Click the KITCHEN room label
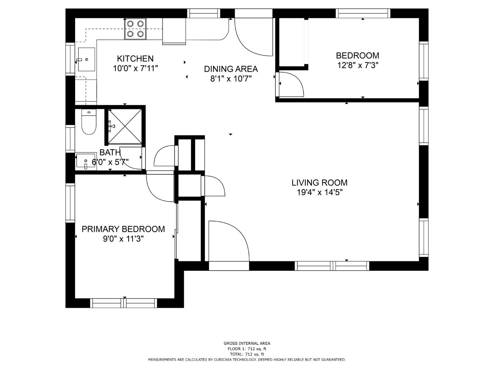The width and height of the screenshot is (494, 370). pos(135,59)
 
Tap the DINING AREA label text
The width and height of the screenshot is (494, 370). pos(231,69)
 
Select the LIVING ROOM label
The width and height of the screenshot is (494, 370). pos(319,183)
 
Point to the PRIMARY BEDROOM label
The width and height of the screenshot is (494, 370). pos(123,229)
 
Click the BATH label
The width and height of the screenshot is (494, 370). pos(110,152)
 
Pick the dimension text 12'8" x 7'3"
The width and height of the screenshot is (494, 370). pos(357,65)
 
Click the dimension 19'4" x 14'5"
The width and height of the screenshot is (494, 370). pos(320,193)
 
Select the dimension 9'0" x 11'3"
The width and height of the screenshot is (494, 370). pos(123,239)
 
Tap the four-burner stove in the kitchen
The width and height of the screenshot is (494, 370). pos(135,29)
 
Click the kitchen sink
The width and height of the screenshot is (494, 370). pos(86,59)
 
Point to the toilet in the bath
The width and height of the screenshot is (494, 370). pos(89,122)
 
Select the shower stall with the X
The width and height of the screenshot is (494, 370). pos(125,126)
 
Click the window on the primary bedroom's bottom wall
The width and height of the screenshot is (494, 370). pos(123,303)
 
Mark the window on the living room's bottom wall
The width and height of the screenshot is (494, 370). pos(332,266)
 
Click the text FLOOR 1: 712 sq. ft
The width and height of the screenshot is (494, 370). pos(247,349)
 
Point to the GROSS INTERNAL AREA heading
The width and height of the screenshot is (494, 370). pos(247,343)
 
